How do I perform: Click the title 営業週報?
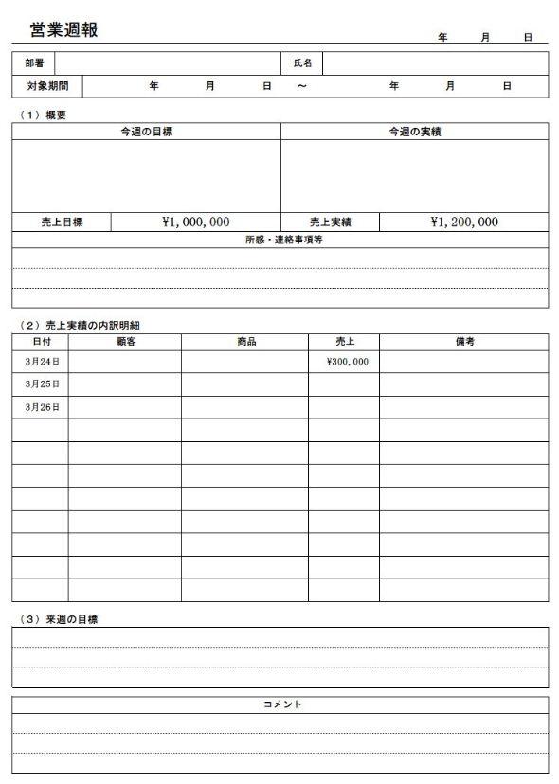coord(63,30)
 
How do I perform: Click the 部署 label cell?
coord(33,63)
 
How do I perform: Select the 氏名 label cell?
coord(302,63)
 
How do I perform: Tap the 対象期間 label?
coord(46,86)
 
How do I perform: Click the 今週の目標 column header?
coord(146,132)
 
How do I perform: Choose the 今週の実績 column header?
coord(414,132)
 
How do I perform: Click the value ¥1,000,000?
coord(195,223)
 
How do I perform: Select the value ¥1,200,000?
coord(463,223)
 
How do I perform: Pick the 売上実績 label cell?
coord(330,223)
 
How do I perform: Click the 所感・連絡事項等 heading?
coord(279,240)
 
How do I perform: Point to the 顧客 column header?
coord(125,341)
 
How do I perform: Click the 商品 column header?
coord(244,341)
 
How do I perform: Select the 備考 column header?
coord(463,341)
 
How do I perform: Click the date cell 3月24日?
coord(41,362)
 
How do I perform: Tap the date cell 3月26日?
coord(41,407)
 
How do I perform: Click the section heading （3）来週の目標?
coord(60,619)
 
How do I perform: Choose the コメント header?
coord(279,704)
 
